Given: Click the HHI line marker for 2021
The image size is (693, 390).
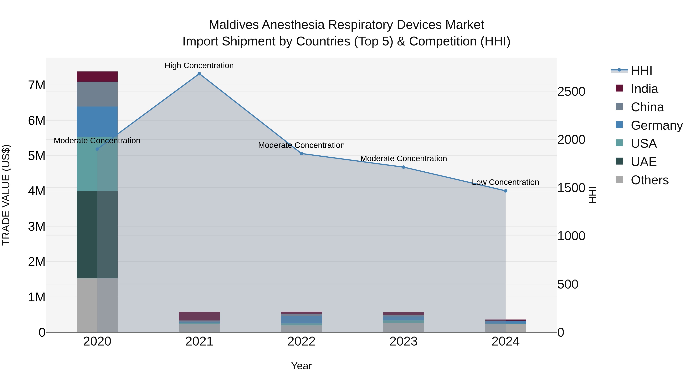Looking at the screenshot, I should click(x=199, y=74).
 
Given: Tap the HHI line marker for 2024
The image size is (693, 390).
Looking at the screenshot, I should click(x=506, y=191).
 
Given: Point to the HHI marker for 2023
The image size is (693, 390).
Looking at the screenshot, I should click(x=403, y=167).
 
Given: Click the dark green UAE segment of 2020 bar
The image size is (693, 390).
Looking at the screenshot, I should click(x=97, y=235).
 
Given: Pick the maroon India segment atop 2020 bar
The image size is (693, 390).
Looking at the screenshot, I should click(x=97, y=77).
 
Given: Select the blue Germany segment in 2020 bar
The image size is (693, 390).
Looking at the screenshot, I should click(x=97, y=122).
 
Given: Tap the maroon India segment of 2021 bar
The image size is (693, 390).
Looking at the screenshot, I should click(x=199, y=316).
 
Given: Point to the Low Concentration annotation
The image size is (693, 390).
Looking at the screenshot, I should click(x=505, y=182).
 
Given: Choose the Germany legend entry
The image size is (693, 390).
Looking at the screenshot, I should click(x=656, y=125).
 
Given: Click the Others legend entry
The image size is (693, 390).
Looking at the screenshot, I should click(x=649, y=180).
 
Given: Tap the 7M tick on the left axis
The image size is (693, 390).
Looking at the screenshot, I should click(x=37, y=85).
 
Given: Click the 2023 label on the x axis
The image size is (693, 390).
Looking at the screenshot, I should click(x=403, y=341).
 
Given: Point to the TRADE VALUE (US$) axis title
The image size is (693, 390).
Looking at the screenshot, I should click(x=6, y=195).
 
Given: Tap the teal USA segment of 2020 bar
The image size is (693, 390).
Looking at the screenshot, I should click(x=97, y=164).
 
